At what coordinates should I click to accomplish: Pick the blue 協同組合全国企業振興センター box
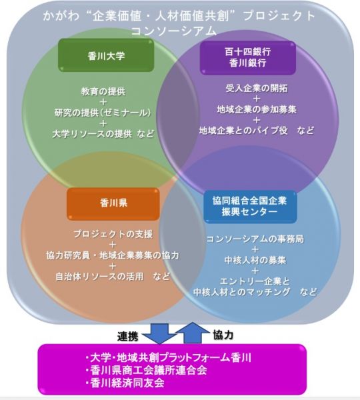250,206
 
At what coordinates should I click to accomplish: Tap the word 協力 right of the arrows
223,333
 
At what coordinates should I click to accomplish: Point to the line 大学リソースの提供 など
103,133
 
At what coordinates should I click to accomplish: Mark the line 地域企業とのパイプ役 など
256,129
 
